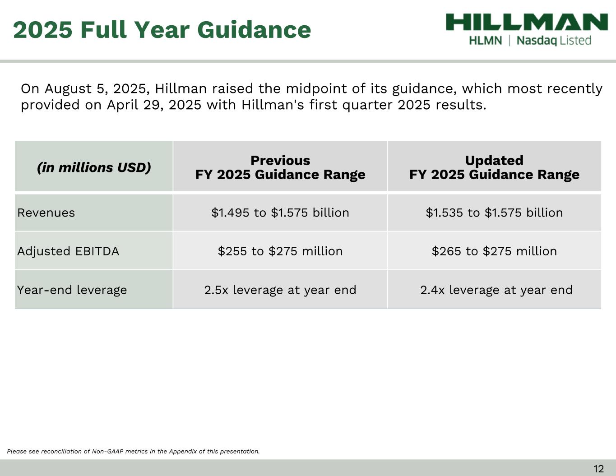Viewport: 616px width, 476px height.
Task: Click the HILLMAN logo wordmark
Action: coord(527,22)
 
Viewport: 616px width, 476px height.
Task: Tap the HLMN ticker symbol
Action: coord(485,41)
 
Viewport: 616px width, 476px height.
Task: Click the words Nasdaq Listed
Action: coord(554,41)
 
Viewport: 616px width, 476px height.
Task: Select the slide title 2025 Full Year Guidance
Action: coord(162,30)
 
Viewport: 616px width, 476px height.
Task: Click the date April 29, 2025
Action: coord(154,105)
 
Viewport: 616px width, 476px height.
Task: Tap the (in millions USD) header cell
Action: coord(94,167)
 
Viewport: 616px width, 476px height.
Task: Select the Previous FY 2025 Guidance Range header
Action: coord(280,167)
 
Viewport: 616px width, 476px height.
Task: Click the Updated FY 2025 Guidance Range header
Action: coord(494,167)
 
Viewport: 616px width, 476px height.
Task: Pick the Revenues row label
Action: coord(46,213)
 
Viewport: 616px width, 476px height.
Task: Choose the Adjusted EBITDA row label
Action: coord(68,251)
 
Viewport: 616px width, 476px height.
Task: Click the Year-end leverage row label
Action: coord(72,290)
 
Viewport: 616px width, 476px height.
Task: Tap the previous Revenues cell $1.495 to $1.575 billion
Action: coord(280,213)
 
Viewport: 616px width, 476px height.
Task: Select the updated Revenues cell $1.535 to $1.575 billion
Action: coord(494,213)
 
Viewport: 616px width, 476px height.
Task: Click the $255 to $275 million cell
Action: coord(280,251)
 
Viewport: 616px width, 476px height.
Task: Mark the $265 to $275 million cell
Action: coord(494,251)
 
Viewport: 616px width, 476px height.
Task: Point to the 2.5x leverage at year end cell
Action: coord(280,290)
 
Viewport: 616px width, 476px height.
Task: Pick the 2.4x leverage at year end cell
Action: coord(496,290)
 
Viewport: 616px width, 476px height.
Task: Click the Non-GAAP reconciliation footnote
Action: coord(134,451)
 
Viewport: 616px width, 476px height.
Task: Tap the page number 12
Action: coord(598,469)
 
